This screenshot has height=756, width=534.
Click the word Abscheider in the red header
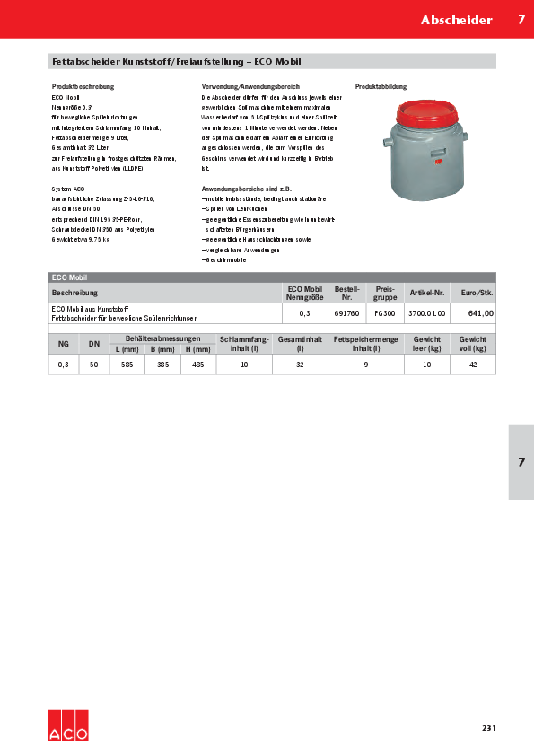tap(457, 20)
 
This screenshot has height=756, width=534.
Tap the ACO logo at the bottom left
tap(68, 725)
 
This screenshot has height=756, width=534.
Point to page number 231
tap(488, 727)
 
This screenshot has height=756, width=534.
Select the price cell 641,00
tap(481, 313)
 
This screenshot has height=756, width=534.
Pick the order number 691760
tap(346, 313)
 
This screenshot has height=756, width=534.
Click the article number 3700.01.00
tap(426, 313)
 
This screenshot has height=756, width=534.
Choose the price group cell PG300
tap(385, 313)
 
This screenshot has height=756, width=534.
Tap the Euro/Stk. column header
tap(477, 294)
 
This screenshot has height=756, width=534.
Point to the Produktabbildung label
tap(381, 87)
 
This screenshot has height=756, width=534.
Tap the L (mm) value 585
tap(127, 365)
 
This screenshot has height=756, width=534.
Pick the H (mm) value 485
tap(198, 365)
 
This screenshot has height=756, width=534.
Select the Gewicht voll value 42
tap(472, 365)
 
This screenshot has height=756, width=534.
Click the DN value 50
tap(93, 365)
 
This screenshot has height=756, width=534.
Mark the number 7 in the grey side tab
tap(521, 462)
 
